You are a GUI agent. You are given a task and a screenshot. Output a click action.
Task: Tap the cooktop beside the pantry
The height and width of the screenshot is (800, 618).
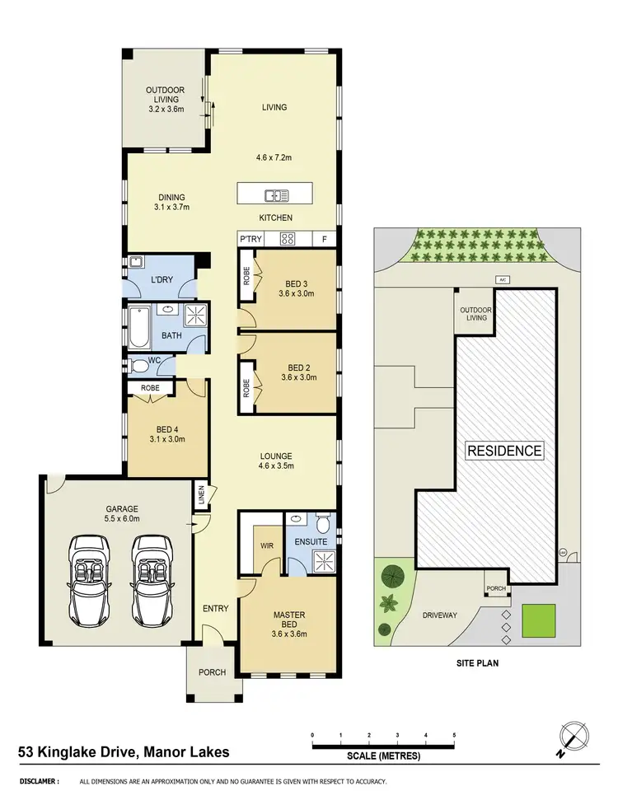pyautogui.click(x=288, y=239)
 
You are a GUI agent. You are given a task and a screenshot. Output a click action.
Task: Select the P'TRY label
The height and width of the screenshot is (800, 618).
pyautogui.click(x=250, y=239)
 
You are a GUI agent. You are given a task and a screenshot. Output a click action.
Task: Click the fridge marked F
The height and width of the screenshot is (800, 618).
pyautogui.click(x=325, y=239)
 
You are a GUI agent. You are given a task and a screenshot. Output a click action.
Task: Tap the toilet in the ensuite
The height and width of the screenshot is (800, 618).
pyautogui.click(x=323, y=523)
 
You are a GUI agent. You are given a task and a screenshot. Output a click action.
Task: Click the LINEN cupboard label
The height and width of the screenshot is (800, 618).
pyautogui.click(x=201, y=496)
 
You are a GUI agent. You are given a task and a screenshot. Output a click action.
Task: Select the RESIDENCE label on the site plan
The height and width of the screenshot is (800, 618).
pyautogui.click(x=504, y=451)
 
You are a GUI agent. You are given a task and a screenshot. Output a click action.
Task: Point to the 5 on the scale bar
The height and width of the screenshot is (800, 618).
pyautogui.click(x=454, y=734)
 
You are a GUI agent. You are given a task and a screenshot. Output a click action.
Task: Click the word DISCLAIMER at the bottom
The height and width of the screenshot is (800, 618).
pyautogui.click(x=40, y=781)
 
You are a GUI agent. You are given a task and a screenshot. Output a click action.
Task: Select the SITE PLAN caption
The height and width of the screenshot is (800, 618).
pyautogui.click(x=477, y=662)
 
